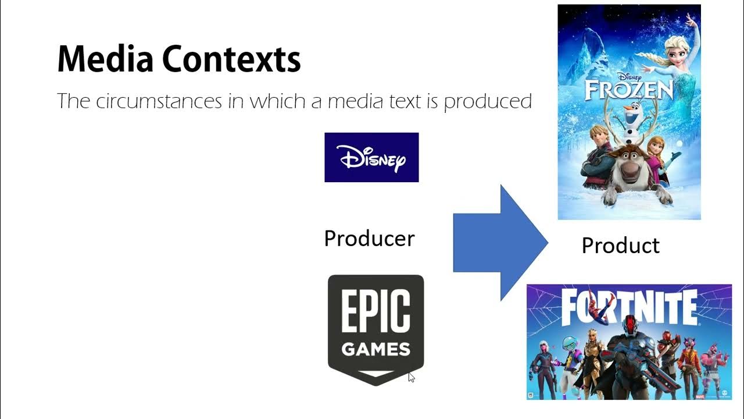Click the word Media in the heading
click(105, 59)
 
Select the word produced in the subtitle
click(488, 102)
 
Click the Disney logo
click(371, 157)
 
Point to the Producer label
click(369, 238)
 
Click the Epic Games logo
click(375, 329)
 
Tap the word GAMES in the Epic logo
click(375, 350)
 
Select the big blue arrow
click(500, 243)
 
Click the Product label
click(620, 245)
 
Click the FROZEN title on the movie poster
click(628, 90)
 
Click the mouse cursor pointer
click(411, 377)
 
